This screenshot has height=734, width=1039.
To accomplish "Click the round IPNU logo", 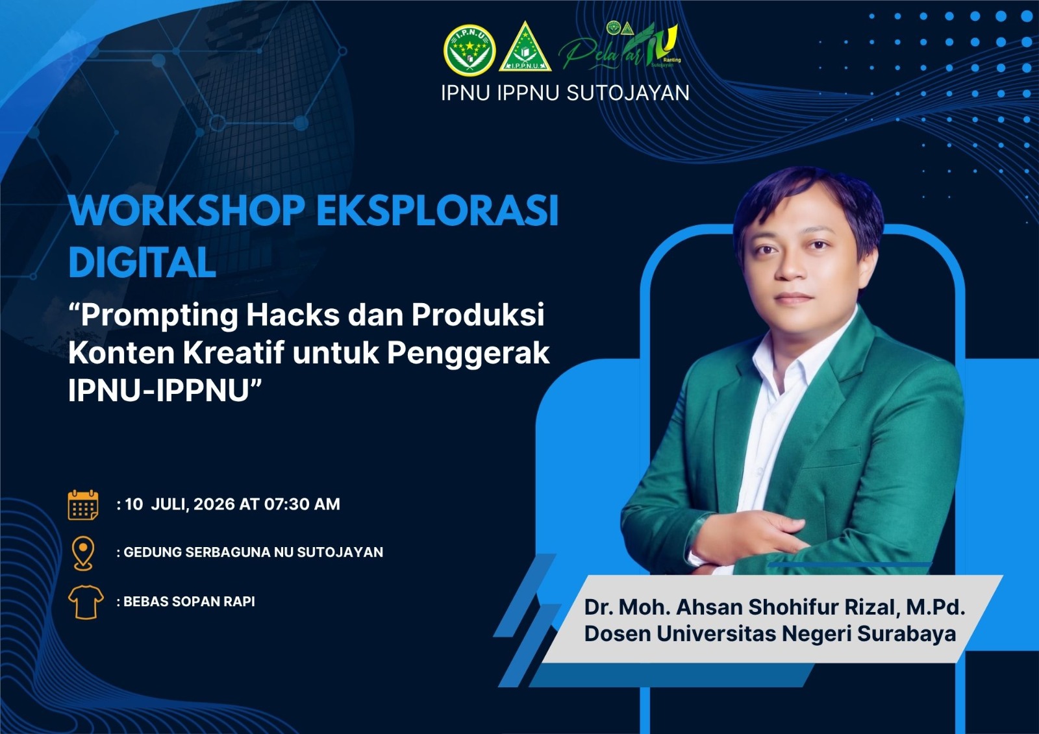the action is (x=469, y=50).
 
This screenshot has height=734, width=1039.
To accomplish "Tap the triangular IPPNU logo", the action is (x=525, y=47).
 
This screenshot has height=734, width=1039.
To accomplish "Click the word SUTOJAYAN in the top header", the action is (x=628, y=93).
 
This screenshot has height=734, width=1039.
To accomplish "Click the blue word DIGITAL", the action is (x=142, y=262).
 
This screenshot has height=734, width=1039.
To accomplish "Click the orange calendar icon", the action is (x=83, y=505).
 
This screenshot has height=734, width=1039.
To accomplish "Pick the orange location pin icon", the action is (x=83, y=553).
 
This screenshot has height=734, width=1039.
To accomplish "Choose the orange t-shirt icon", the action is (x=85, y=602).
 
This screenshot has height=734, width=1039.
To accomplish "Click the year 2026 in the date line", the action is (x=214, y=504).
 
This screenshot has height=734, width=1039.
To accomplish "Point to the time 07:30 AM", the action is (x=302, y=504).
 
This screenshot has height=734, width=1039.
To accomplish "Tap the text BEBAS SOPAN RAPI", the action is (x=189, y=602).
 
